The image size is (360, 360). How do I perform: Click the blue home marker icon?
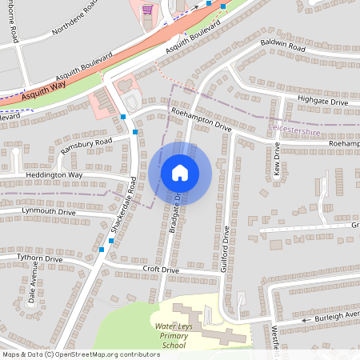[180, 173]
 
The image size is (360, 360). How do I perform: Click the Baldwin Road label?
[283, 49]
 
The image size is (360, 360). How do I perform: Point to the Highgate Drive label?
[322, 102]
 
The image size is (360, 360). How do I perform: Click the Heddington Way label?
[54, 174]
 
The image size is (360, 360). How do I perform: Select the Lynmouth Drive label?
[48, 212]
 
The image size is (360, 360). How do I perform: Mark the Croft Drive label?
[161, 270]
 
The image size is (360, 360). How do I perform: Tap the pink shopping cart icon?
[147, 10]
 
